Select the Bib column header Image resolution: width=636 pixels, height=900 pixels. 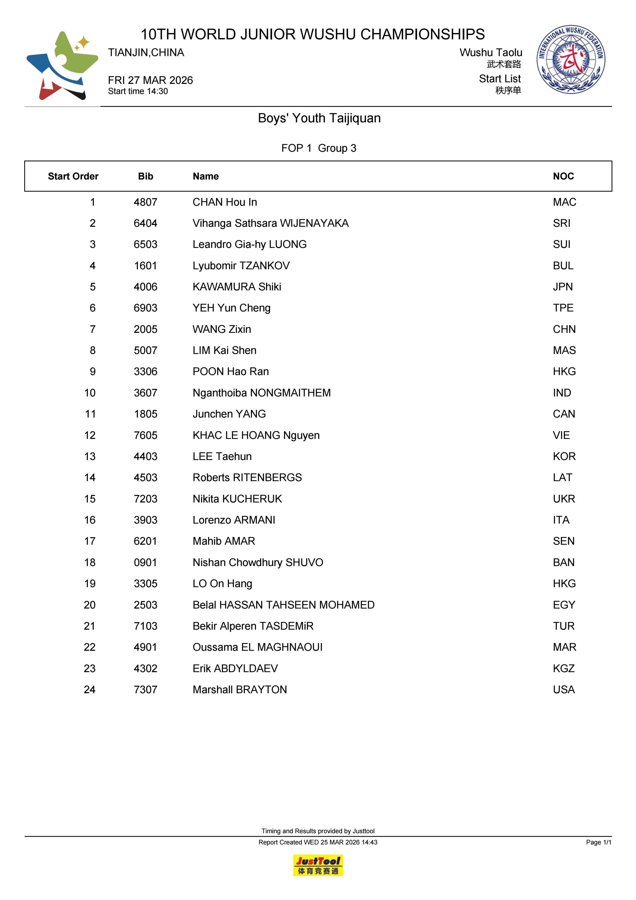tap(145, 176)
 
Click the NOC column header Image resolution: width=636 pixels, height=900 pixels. tap(563, 176)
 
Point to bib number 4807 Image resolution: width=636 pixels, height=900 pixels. tap(145, 202)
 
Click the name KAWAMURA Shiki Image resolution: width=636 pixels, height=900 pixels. tap(237, 287)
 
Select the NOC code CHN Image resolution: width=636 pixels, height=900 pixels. tap(564, 329)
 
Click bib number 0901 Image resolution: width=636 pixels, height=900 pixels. tap(145, 563)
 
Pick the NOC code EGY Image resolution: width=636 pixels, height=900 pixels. tap(563, 605)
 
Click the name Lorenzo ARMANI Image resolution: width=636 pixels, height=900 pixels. tap(234, 520)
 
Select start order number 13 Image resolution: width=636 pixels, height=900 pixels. tap(90, 457)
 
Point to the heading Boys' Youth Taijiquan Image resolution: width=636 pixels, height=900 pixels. tap(319, 118)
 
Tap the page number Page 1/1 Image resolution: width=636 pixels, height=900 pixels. tap(598, 842)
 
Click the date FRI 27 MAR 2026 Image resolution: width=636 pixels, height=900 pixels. tap(151, 80)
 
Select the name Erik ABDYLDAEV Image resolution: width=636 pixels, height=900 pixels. tap(235, 668)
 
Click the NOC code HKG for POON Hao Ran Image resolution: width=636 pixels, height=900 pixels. tap(564, 372)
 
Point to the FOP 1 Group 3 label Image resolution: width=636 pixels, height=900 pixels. tap(319, 148)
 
